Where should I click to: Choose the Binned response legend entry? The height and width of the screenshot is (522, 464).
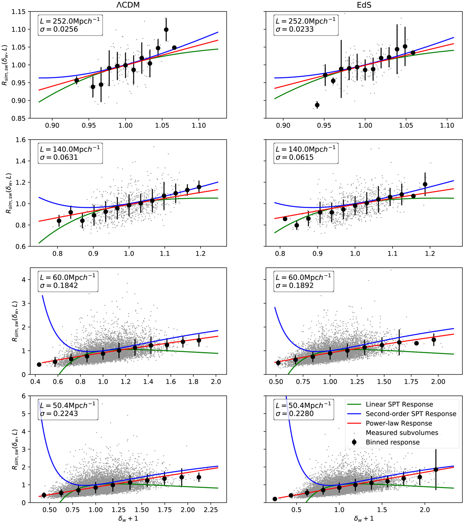click(392, 442)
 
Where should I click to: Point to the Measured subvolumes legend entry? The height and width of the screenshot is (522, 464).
click(402, 433)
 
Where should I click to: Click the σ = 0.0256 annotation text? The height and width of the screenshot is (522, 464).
click(59, 29)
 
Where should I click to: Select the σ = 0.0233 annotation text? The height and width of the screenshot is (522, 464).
click(295, 29)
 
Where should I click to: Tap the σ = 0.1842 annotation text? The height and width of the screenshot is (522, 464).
click(59, 285)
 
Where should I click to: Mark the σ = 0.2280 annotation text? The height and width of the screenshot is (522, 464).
click(295, 414)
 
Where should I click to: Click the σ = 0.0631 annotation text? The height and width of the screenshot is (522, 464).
click(59, 157)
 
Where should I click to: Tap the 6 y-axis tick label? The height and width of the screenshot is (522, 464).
click(24, 396)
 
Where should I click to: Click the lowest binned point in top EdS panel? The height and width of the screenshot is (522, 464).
click(317, 105)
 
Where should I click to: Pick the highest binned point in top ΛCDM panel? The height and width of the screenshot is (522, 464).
click(166, 30)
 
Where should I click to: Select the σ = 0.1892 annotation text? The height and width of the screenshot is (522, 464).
click(295, 285)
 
